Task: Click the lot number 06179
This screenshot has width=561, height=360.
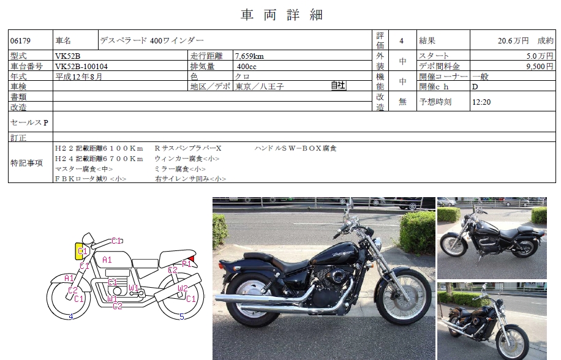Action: [20, 41]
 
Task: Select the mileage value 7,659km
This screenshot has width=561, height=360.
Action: [249, 56]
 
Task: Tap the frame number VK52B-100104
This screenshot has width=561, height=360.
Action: [81, 67]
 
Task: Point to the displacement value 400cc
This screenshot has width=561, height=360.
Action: [247, 67]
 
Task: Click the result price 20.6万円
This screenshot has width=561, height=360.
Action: [513, 41]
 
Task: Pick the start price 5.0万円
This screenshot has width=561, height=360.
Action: [540, 56]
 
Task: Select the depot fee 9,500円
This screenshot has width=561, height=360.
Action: [540, 67]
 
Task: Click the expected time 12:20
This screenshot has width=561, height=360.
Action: [481, 102]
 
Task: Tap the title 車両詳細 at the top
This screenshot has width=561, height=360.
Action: [282, 15]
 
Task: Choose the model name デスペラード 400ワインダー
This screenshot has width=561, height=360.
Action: [152, 40]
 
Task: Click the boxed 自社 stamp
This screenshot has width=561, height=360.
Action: [338, 86]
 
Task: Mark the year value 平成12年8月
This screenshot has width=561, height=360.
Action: [79, 77]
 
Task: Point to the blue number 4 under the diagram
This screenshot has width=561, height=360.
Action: [71, 317]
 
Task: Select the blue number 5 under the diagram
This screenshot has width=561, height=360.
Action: [182, 317]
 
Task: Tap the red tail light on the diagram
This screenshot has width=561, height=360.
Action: [192, 258]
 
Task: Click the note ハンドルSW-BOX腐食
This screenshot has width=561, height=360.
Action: [296, 148]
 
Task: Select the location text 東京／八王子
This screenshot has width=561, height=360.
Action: [260, 86]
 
